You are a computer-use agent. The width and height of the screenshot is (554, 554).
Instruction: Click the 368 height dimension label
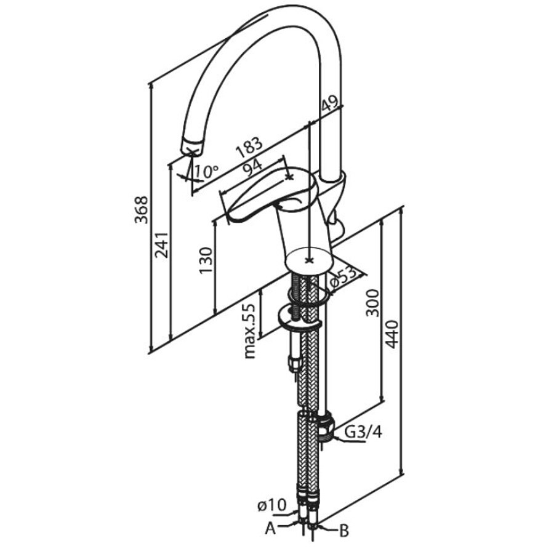tap(142, 209)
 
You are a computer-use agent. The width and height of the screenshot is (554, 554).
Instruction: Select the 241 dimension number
tap(161, 245)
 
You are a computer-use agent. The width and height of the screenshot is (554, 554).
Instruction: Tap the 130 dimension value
tap(206, 261)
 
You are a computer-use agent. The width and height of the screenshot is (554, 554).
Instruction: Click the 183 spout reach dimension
tap(249, 147)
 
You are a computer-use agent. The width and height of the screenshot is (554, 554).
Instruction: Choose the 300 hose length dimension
tap(372, 302)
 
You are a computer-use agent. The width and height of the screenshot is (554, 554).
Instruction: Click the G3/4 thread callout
tap(363, 432)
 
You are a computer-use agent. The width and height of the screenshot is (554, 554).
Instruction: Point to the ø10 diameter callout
tap(271, 505)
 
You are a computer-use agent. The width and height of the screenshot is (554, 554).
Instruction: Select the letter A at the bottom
tap(270, 529)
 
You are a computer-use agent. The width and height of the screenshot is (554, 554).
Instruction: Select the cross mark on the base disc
tap(310, 261)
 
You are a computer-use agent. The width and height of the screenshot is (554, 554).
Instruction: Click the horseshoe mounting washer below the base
tap(300, 317)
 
